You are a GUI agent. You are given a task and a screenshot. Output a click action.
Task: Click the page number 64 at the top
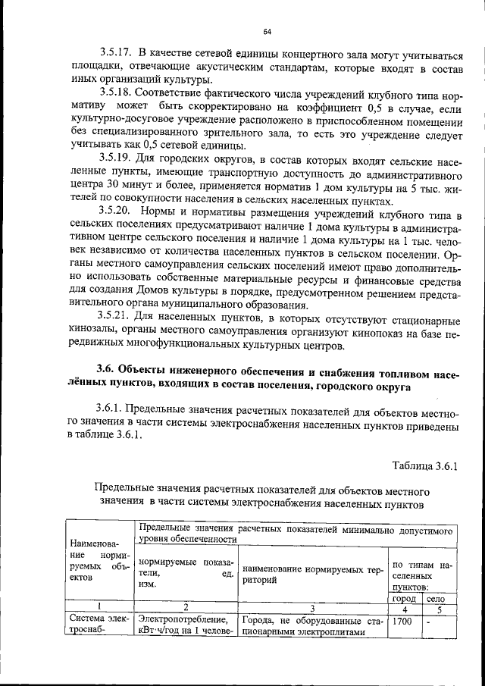pos(267,31)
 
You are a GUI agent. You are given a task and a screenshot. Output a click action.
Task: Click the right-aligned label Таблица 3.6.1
pos(425,464)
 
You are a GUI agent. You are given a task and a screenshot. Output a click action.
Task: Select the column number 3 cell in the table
pos(311,608)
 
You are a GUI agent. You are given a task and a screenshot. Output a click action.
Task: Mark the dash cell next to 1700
pos(429,621)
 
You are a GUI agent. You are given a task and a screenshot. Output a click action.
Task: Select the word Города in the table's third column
pos(260,621)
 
